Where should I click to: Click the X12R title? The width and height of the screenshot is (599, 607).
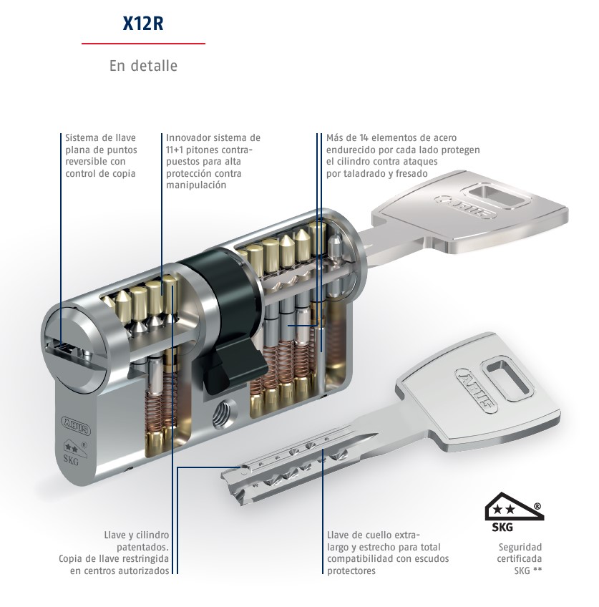[143, 23]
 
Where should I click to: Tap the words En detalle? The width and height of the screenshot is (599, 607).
[143, 65]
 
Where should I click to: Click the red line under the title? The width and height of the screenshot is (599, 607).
[143, 44]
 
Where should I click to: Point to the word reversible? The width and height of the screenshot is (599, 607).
[85, 162]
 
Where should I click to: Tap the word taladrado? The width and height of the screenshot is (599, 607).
[364, 173]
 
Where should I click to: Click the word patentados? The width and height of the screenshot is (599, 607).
[143, 548]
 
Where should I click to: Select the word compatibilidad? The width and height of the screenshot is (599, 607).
[359, 559]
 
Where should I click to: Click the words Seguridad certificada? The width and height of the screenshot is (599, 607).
[520, 553]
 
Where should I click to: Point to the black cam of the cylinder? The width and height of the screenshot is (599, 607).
[228, 321]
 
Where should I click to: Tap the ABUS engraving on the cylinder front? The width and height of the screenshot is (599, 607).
[75, 425]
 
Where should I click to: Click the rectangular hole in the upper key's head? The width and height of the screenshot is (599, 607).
[497, 197]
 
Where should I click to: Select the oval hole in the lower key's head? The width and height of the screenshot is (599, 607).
[506, 379]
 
